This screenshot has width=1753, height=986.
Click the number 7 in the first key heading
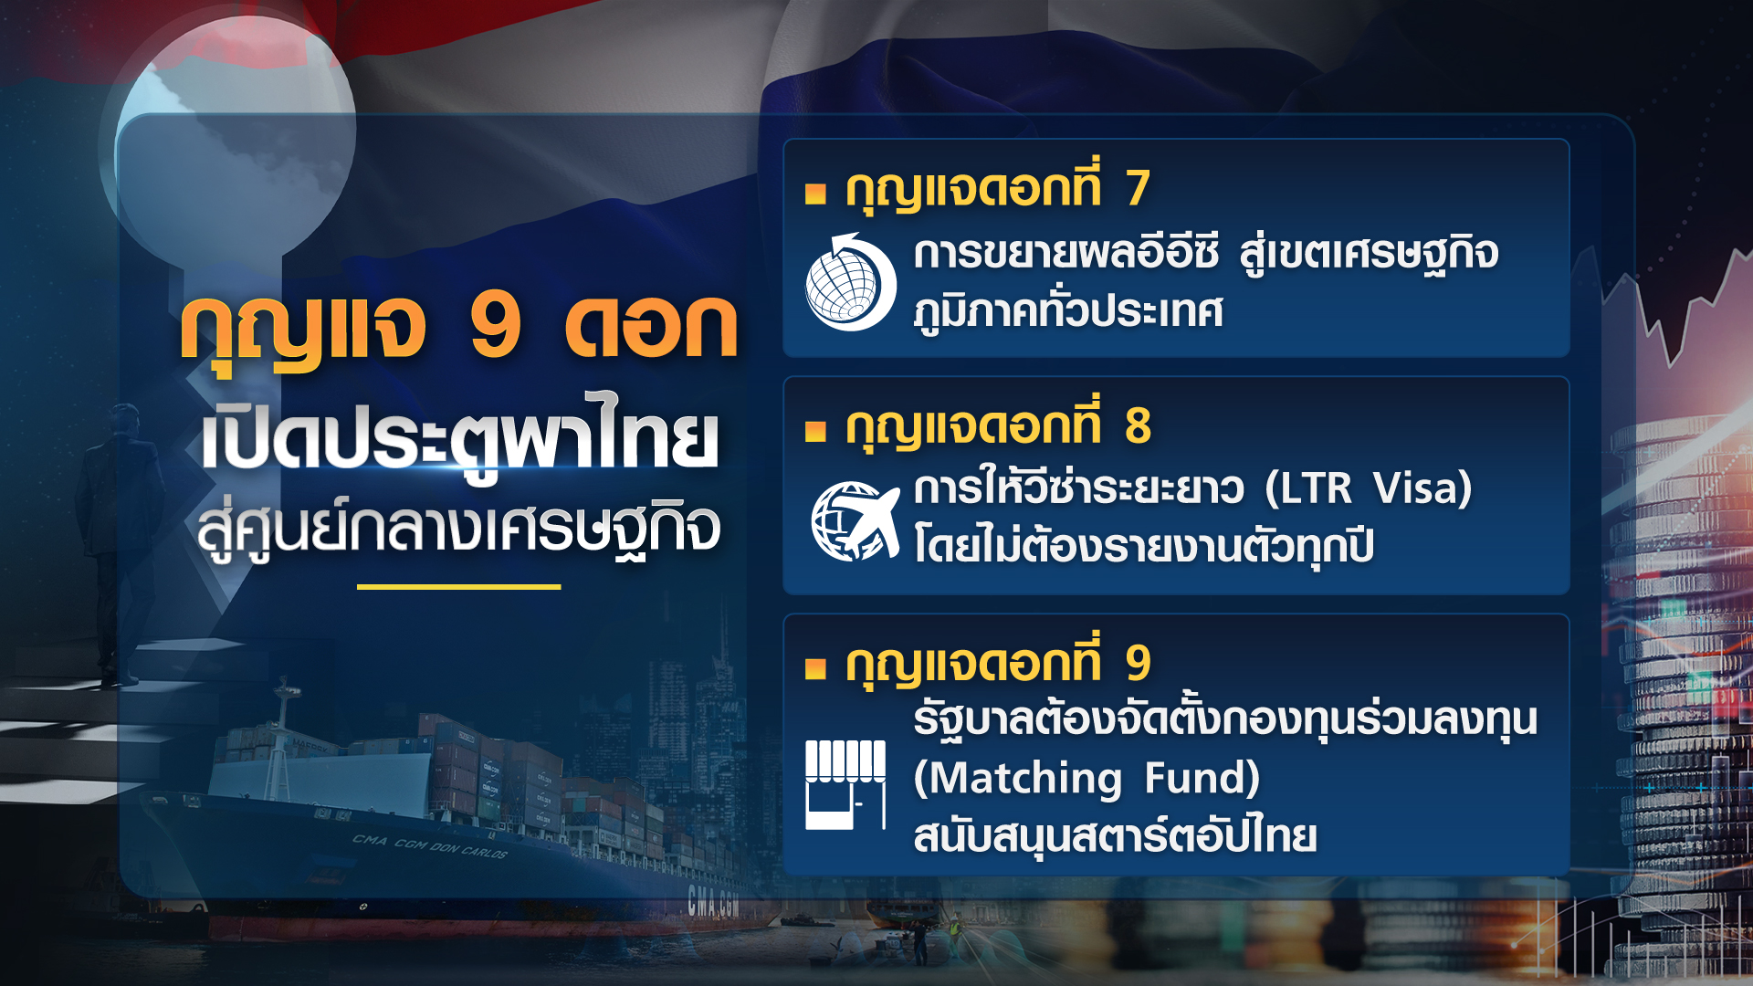(x=1137, y=188)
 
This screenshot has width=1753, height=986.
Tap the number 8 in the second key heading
(x=1138, y=425)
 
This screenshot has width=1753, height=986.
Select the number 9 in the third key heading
(x=1138, y=663)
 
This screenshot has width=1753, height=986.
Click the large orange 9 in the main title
(x=496, y=326)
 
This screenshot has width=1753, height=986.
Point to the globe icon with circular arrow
(x=849, y=283)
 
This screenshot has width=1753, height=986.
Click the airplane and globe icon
(x=855, y=521)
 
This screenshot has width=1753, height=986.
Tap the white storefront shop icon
(x=845, y=784)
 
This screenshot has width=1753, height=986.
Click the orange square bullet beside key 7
(x=815, y=194)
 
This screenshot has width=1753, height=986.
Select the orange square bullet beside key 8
(x=815, y=431)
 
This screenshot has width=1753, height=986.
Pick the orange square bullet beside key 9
(x=815, y=669)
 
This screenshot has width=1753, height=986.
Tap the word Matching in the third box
(x=1018, y=779)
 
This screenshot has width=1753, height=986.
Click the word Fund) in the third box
(x=1202, y=779)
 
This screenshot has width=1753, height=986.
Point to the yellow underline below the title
(x=458, y=587)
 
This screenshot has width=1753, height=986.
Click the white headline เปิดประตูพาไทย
(x=459, y=439)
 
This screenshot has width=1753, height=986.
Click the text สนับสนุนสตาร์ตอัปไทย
(x=1115, y=836)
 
